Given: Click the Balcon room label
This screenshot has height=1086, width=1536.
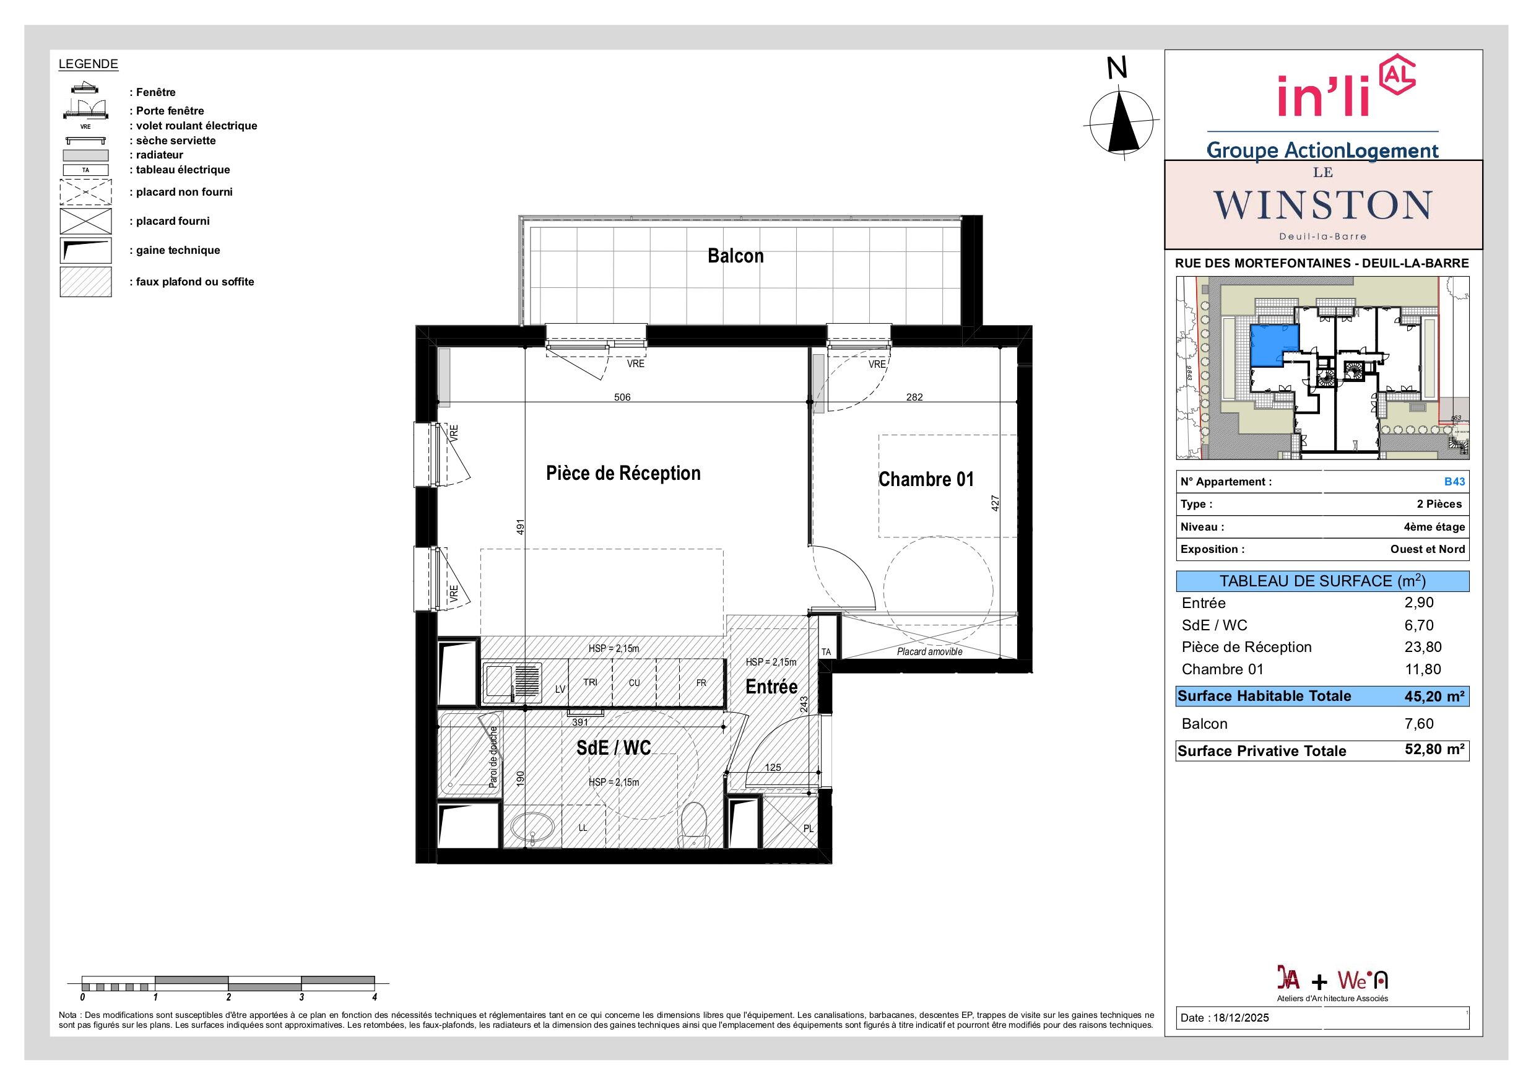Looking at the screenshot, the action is (x=735, y=256).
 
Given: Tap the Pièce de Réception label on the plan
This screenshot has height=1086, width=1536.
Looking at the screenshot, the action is (x=623, y=473).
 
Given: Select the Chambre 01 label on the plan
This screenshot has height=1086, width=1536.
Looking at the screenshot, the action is (x=926, y=479).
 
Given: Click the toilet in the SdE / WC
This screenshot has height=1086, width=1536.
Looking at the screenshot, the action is (x=694, y=823).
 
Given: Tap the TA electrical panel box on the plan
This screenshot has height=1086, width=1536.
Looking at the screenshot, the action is (x=827, y=652).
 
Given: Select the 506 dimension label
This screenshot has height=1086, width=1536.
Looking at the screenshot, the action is (x=622, y=397).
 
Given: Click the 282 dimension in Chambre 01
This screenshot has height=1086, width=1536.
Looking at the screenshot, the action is (x=914, y=397).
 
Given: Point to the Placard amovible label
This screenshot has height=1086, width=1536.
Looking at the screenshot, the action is (x=929, y=651).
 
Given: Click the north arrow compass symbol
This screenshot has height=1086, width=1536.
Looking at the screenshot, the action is (x=1121, y=123).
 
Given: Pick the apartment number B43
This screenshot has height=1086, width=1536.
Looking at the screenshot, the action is (x=1454, y=481).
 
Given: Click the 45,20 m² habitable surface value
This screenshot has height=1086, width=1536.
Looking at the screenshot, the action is (x=1434, y=696).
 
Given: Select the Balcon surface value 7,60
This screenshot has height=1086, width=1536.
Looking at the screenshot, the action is (x=1418, y=723).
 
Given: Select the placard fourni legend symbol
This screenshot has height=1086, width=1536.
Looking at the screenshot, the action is (x=85, y=221).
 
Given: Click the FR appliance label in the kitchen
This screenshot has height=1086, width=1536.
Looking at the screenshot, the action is (x=701, y=683).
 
